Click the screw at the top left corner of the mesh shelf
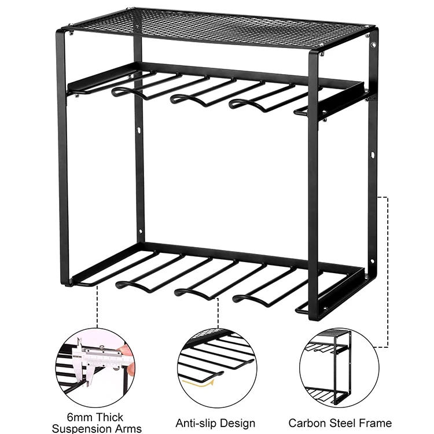(71, 34)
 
